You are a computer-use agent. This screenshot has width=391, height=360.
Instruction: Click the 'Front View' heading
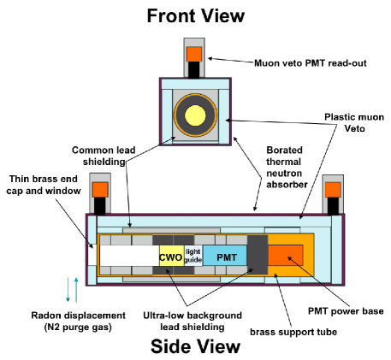(x=195, y=15)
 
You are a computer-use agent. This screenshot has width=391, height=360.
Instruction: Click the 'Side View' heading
(x=194, y=345)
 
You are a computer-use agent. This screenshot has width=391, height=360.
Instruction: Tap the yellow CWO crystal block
(x=169, y=256)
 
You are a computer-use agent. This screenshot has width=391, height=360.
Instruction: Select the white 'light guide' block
(x=193, y=256)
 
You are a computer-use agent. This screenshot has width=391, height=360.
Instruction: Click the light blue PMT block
(x=225, y=256)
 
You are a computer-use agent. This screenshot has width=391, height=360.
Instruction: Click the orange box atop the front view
(x=194, y=54)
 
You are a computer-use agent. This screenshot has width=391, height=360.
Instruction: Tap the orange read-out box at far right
(x=332, y=188)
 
